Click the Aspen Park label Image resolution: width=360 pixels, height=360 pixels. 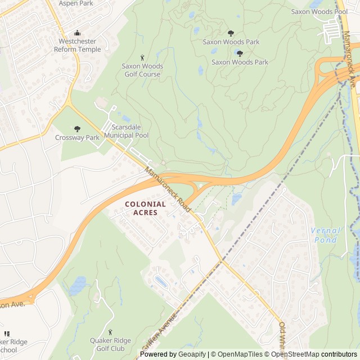click(x=76, y=3)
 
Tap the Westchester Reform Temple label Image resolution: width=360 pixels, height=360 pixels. click(x=78, y=46)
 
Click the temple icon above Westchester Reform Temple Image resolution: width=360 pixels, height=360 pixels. click(x=78, y=33)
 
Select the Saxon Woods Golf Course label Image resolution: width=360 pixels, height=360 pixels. click(x=142, y=70)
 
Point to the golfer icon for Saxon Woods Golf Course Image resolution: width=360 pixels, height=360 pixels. click(x=142, y=57)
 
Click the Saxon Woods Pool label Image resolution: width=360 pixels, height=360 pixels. click(x=319, y=11)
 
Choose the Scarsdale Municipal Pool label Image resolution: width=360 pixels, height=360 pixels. click(x=127, y=132)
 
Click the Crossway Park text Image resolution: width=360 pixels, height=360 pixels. click(x=77, y=137)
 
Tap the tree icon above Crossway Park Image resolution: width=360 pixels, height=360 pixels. click(x=77, y=129)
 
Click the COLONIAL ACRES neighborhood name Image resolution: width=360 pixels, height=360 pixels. click(x=145, y=208)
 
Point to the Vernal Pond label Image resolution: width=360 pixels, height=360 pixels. click(x=326, y=235)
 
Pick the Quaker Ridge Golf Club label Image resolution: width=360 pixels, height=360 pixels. click(x=110, y=344)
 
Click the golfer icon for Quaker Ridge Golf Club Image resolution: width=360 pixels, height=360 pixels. click(x=110, y=332)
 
